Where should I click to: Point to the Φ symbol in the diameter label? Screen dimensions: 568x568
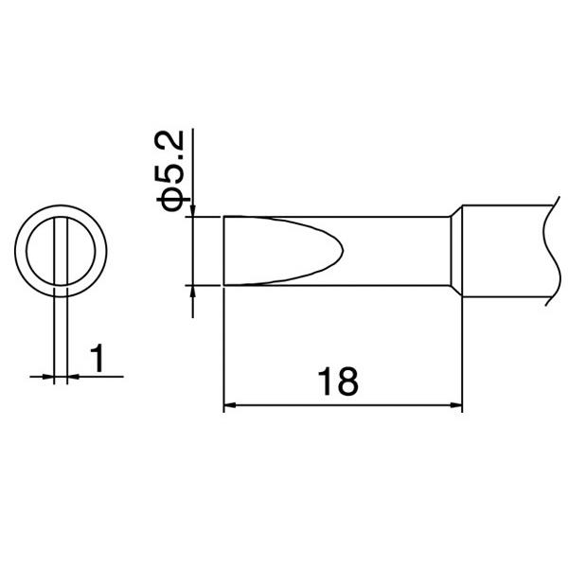176,199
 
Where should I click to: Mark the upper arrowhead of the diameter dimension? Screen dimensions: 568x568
193,210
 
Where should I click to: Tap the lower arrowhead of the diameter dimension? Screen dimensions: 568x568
193,292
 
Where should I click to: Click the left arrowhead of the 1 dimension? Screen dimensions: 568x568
51,377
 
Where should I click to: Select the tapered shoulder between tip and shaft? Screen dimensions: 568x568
454,251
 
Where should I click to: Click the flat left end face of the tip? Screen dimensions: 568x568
223,251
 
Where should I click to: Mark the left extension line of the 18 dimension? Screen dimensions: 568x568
223,350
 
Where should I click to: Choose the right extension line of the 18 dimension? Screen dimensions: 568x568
462,350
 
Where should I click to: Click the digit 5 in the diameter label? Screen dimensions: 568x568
176,178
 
